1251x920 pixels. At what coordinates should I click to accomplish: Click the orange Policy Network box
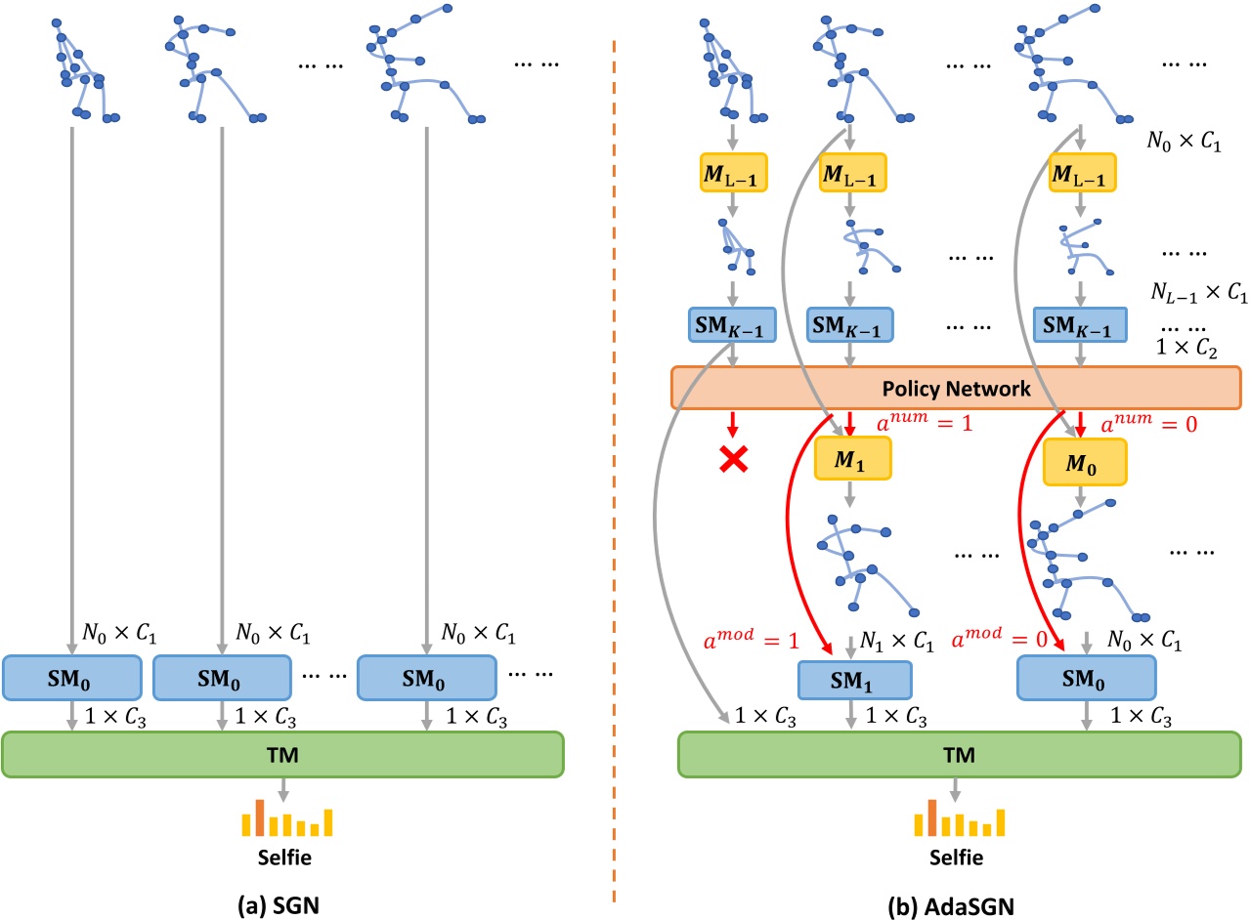pyautogui.click(x=955, y=389)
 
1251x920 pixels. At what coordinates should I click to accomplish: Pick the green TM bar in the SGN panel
pyautogui.click(x=283, y=755)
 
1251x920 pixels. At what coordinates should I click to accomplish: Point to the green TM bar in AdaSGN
pyautogui.click(x=955, y=755)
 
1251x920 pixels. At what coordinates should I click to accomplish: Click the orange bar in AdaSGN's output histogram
pyautogui.click(x=934, y=818)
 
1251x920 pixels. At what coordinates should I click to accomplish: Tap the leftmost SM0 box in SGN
pyautogui.click(x=73, y=677)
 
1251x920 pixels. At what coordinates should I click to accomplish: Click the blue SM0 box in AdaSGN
pyautogui.click(x=1086, y=679)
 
